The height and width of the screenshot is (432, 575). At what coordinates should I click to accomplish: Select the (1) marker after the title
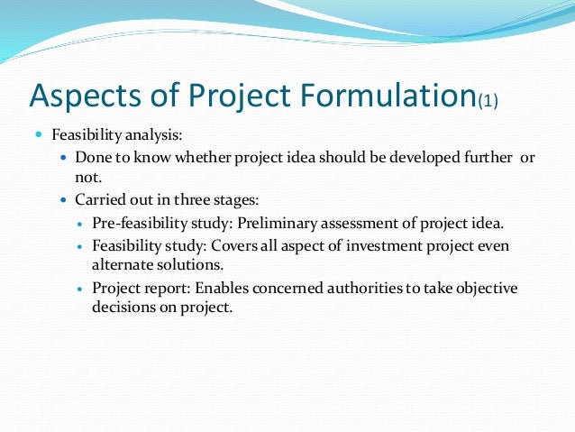coord(488,101)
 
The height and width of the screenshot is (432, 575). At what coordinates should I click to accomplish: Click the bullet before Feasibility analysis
coord(39,134)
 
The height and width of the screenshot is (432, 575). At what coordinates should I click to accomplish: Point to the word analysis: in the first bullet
coord(153,135)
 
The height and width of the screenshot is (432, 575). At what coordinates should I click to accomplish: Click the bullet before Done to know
coord(64,158)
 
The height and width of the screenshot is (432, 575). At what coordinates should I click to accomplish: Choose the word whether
coord(203,158)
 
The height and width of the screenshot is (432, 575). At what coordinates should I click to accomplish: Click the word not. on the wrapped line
coord(88,178)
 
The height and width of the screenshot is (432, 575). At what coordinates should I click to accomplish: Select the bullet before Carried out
coord(64,200)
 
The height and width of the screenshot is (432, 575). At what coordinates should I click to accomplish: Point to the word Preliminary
coord(278,224)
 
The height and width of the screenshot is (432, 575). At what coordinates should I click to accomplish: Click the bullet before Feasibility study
coord(81,246)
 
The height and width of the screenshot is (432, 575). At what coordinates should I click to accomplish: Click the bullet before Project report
coord(81,289)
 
